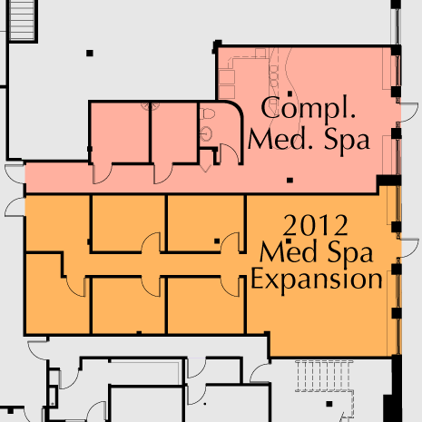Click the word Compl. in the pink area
[308, 109]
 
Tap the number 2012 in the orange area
[315, 225]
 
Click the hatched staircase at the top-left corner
[22, 20]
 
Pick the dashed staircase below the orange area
[324, 376]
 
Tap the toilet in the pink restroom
[209, 114]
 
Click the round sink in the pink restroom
[206, 134]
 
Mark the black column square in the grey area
[90, 54]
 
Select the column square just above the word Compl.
[290, 93]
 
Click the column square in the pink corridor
[290, 181]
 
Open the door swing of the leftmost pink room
[102, 173]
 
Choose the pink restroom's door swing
[231, 153]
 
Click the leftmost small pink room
[120, 132]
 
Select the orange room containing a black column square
[205, 223]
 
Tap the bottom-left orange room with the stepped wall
[54, 294]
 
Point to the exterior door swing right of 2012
[410, 248]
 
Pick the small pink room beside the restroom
[174, 132]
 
